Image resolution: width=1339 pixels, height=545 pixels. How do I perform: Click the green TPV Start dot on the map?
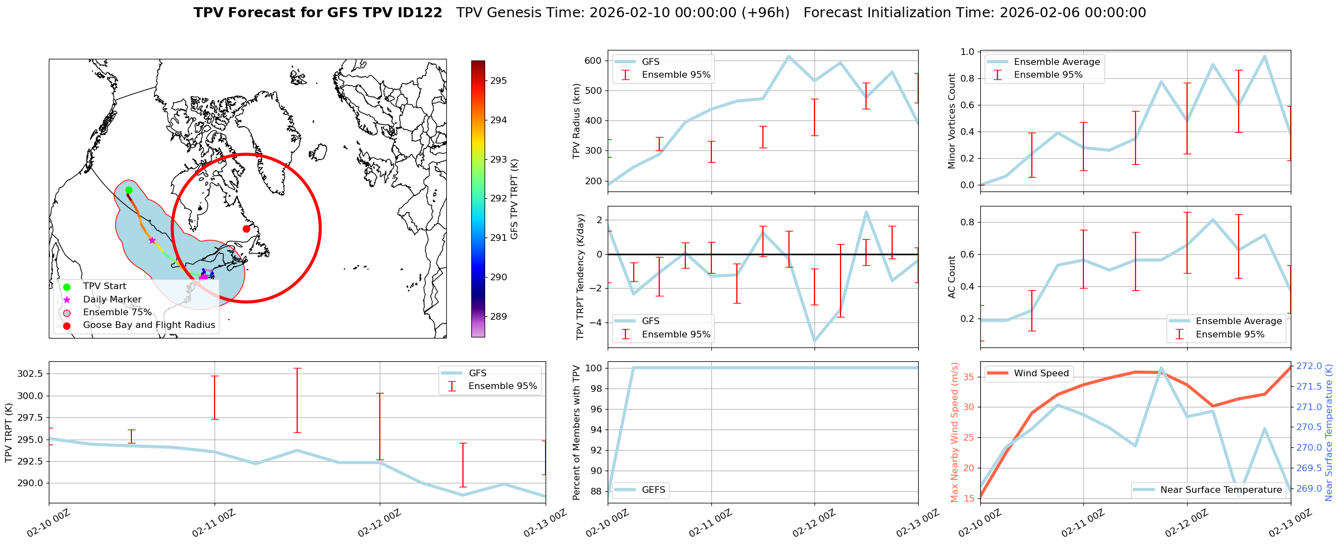coord(129,190)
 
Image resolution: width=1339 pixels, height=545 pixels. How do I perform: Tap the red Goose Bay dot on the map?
coord(246,229)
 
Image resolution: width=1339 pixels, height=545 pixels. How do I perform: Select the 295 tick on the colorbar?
coord(498,81)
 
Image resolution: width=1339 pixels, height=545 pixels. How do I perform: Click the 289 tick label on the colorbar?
coord(498,317)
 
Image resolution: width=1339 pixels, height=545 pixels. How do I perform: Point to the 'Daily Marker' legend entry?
coord(112,299)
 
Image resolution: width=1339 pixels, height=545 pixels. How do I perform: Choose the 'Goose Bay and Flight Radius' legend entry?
coord(149,325)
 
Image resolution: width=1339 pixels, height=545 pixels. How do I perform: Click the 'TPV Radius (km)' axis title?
coord(577,121)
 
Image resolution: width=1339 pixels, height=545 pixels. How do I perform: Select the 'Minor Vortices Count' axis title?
coord(952,121)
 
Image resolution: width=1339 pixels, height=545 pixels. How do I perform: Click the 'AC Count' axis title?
coord(952,277)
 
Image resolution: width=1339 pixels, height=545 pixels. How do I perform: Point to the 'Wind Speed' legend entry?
coord(1041,374)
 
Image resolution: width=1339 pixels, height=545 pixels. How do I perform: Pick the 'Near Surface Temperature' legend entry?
coord(1221,490)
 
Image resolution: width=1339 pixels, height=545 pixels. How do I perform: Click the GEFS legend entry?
coord(653,490)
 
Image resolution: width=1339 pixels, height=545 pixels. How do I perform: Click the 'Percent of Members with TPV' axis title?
coord(577,432)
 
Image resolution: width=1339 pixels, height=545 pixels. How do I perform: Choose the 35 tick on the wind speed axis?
coord(968,377)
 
